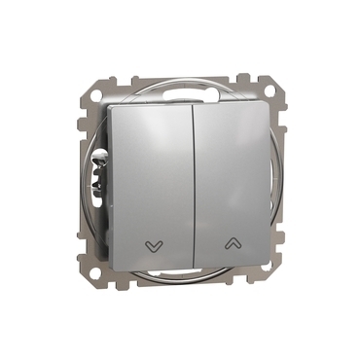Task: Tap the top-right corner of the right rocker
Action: click(266, 104)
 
